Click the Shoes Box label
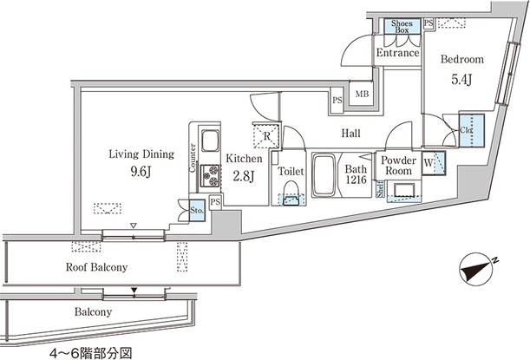pyautogui.click(x=402, y=26)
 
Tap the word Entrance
pyautogui.click(x=398, y=53)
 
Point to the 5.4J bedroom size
pyautogui.click(x=461, y=80)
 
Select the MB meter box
pyautogui.click(x=362, y=94)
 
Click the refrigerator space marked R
pyautogui.click(x=266, y=136)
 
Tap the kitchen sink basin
pyautogui.click(x=210, y=141)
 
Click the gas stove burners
pyautogui.click(x=210, y=175)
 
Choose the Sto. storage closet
pyautogui.click(x=197, y=210)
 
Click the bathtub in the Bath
pyautogui.click(x=324, y=175)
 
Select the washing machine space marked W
pyautogui.click(x=434, y=163)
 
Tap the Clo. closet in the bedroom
pyautogui.click(x=472, y=130)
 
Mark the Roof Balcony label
pyautogui.click(x=96, y=267)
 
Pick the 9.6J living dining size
pyautogui.click(x=141, y=172)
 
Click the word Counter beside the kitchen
pyautogui.click(x=193, y=158)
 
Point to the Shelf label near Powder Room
pyautogui.click(x=380, y=189)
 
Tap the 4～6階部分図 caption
pyautogui.click(x=90, y=354)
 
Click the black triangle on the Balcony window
pyautogui.click(x=134, y=291)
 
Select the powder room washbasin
pyautogui.click(x=404, y=190)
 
